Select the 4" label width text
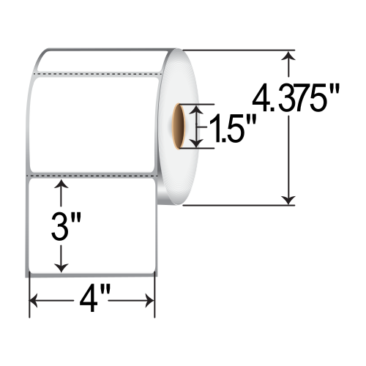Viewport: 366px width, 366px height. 92,301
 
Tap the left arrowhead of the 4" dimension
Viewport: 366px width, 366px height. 34,301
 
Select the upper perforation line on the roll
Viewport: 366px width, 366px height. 95,73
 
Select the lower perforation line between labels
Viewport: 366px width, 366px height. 91,176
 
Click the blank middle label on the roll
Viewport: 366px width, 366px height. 94,124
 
